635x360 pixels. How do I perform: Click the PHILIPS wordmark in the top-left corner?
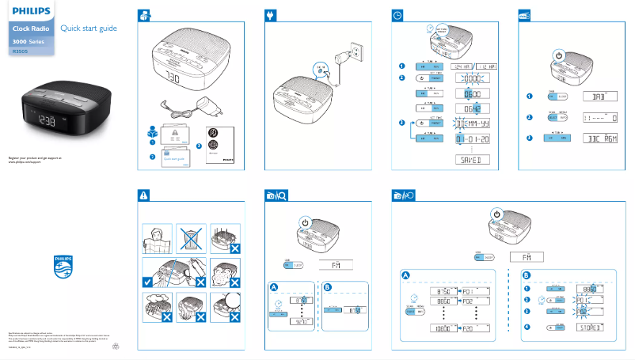coord(30,12)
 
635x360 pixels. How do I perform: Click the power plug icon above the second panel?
coord(272,15)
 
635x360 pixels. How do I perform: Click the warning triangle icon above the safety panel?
coord(143,195)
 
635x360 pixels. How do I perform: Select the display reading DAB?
coord(599,96)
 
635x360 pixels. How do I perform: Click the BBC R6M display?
coord(599,138)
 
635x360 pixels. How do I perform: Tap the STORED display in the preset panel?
coord(588,326)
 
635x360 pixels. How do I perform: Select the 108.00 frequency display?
coord(440,328)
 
